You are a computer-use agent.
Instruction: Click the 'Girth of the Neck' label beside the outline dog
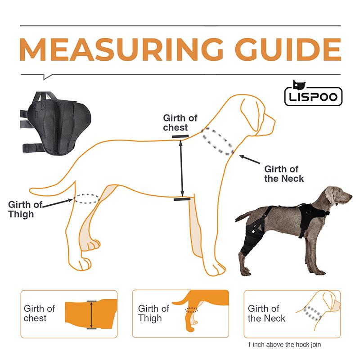click(283, 174)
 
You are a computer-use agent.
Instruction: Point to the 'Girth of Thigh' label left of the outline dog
click(24, 209)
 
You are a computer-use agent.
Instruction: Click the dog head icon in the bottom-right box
click(322, 308)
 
